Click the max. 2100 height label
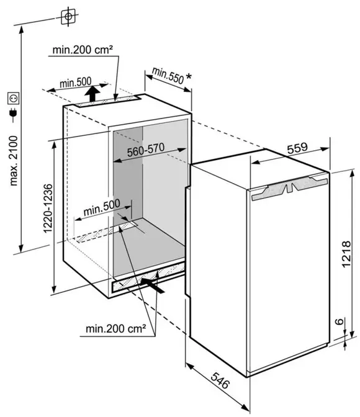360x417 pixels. (x=13, y=161)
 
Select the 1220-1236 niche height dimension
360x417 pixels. (x=48, y=208)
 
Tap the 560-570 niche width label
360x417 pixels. (x=145, y=150)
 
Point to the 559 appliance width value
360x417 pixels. (x=297, y=148)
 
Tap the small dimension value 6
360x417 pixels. (x=339, y=321)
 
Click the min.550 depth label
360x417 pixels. (x=168, y=75)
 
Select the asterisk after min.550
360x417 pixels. (x=189, y=77)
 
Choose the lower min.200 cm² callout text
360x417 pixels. (x=115, y=329)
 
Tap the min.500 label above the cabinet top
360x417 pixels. (x=75, y=83)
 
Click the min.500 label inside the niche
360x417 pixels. (x=102, y=207)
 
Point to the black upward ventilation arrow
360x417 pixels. (x=92, y=94)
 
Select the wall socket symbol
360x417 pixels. (x=13, y=99)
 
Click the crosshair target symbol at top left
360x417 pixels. (x=68, y=17)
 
